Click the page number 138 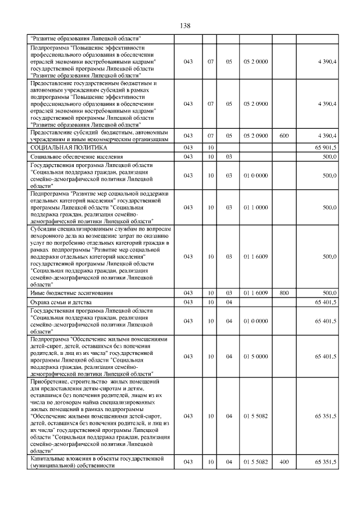[x=185, y=26]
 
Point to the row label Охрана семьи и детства [x=60, y=302]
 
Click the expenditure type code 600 [x=283, y=136]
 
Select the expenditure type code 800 [x=283, y=293]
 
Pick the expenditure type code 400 [x=283, y=462]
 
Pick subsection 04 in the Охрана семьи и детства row [x=229, y=302]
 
